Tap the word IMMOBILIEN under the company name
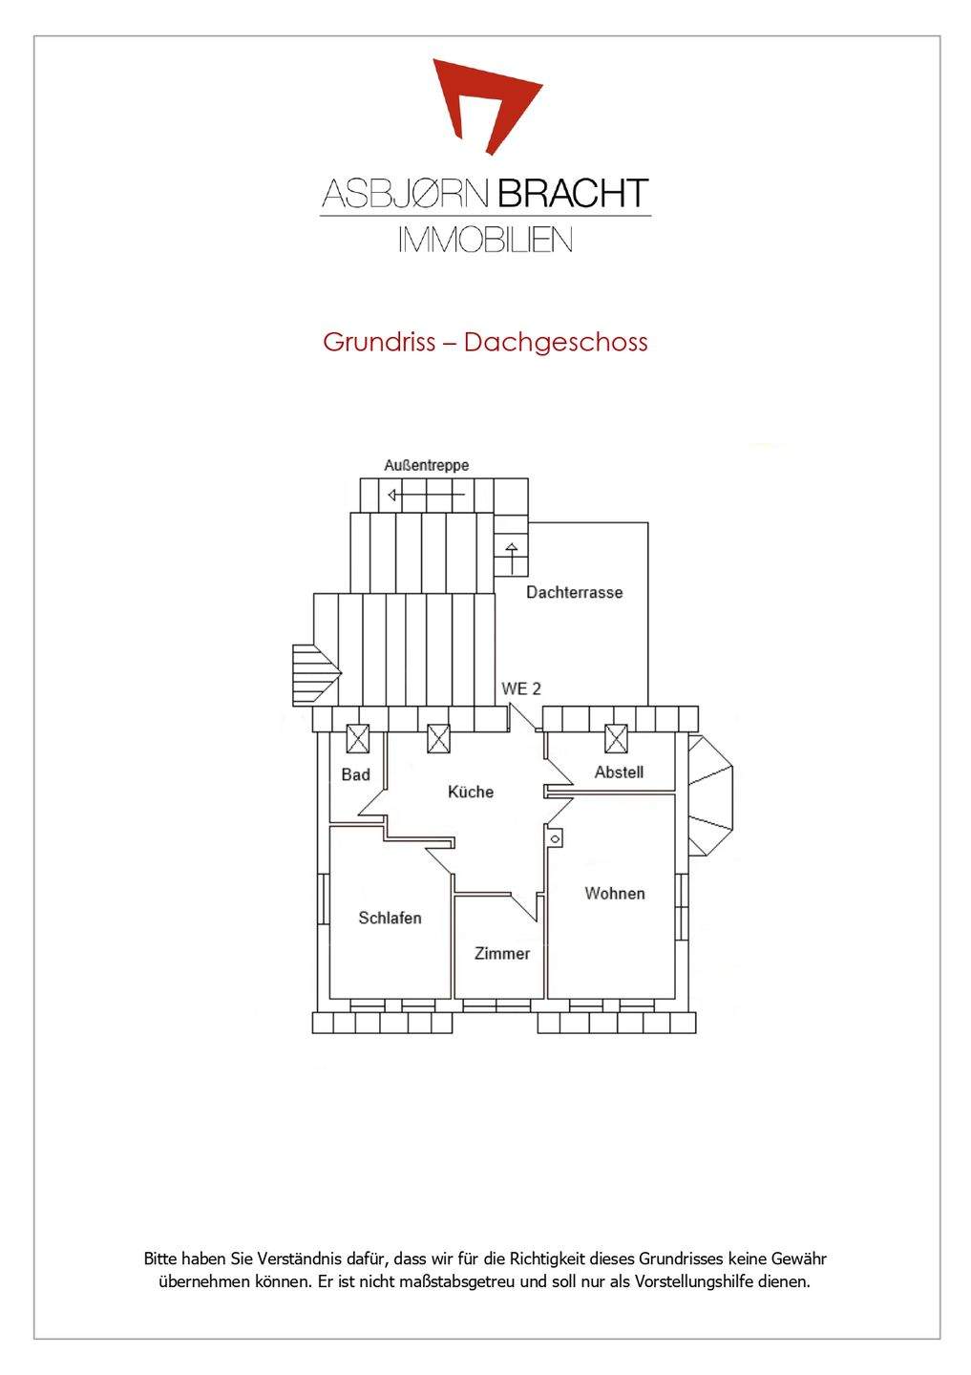[485, 239]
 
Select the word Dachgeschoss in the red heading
[556, 342]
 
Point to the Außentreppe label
[427, 465]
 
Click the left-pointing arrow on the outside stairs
[394, 495]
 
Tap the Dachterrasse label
[574, 592]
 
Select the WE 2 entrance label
[521, 688]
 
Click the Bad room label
[355, 774]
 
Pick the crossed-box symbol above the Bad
[357, 738]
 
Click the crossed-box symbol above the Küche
[438, 738]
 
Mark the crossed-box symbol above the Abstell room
[617, 738]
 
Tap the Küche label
[471, 792]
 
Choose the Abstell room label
[619, 772]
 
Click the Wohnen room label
[614, 893]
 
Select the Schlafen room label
[390, 918]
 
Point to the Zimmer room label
[502, 953]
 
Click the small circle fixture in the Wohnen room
[555, 838]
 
